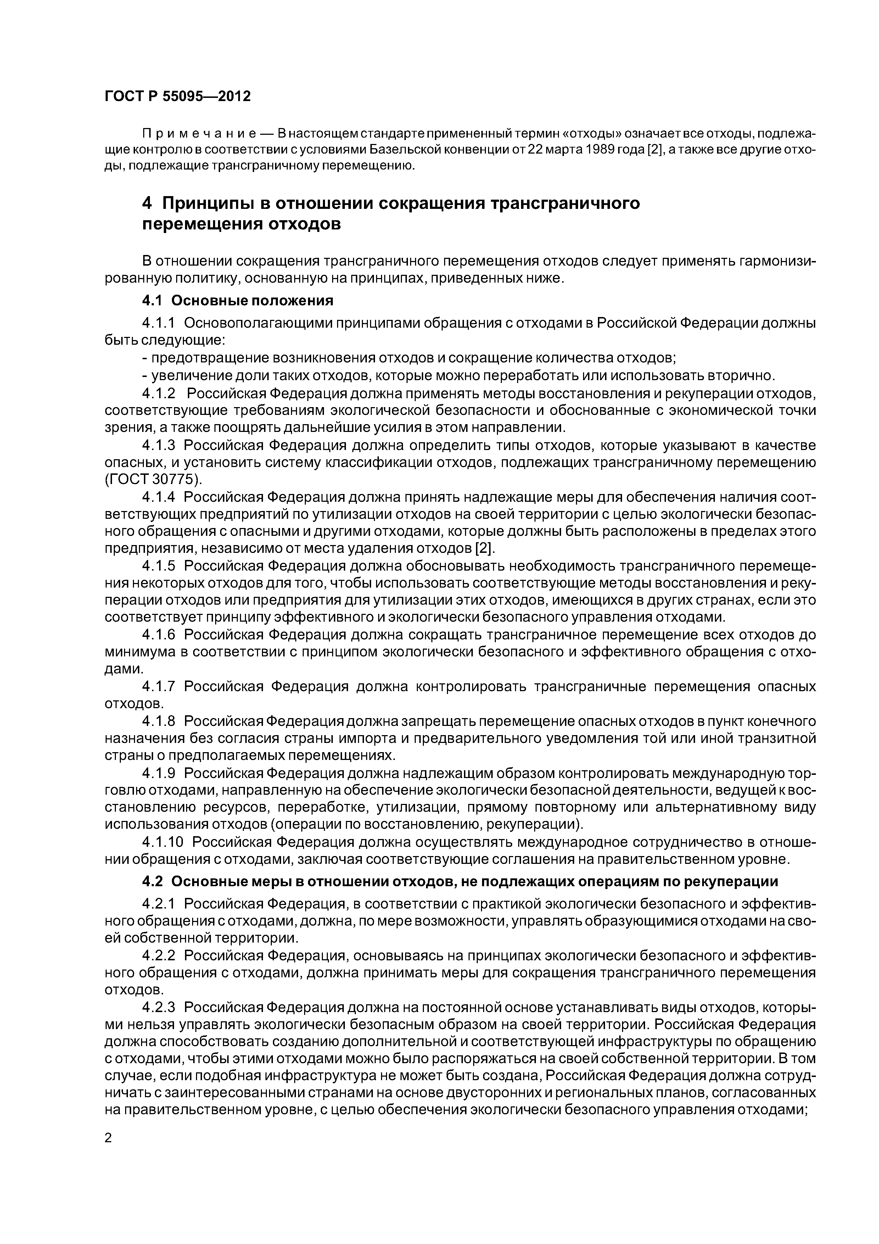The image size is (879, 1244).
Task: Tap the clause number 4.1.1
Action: coord(159,323)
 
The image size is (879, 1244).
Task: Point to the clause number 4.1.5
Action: coord(159,566)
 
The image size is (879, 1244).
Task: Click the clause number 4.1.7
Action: coord(159,687)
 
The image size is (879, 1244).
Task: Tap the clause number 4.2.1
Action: coord(159,904)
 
